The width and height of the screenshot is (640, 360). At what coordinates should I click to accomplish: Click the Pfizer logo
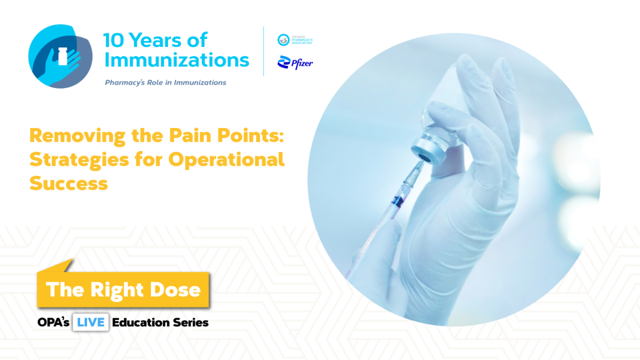click(x=294, y=63)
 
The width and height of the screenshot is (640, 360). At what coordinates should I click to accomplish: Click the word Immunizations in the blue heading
click(x=177, y=60)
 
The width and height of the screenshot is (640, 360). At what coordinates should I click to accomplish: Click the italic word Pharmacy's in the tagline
click(x=126, y=83)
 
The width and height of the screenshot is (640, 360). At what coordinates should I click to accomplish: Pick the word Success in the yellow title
click(x=68, y=183)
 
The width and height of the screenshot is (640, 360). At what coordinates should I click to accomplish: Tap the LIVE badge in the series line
click(x=91, y=322)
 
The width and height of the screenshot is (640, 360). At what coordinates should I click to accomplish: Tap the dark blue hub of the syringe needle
click(x=396, y=201)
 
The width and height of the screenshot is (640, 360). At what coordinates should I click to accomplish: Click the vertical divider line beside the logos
click(x=264, y=51)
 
